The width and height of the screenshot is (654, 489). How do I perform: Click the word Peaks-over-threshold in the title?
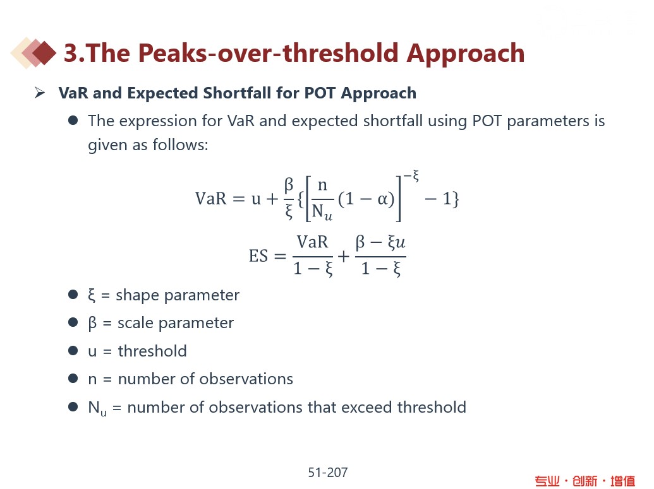268,53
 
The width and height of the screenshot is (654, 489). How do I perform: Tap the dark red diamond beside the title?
44,53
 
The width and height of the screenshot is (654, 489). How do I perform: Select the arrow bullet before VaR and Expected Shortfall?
40,93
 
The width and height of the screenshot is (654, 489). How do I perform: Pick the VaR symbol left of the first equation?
211,198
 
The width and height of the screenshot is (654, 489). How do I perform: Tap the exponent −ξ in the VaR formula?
411,175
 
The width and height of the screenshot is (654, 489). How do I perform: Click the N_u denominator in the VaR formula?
322,211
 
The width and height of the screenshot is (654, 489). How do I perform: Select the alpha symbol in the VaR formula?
383,199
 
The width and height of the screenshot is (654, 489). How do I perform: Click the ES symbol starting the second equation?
258,256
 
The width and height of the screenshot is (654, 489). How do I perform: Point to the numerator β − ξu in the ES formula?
380,242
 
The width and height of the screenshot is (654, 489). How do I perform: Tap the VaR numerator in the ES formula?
312,242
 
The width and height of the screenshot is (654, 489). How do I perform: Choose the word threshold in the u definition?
152,351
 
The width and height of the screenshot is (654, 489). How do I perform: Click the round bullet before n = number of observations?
73,379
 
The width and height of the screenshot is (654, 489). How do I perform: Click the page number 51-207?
328,473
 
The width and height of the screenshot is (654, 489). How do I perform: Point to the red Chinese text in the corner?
584,481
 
